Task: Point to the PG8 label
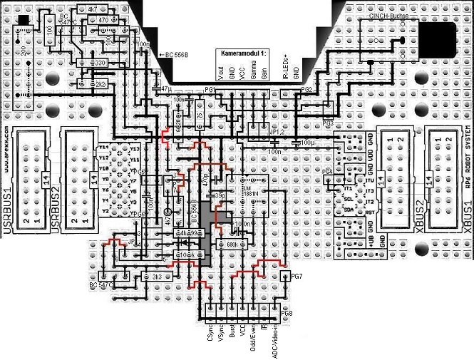(x=287, y=314)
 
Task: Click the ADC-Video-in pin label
(x=276, y=339)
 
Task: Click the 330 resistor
(x=101, y=63)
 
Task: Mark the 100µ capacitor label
(x=306, y=143)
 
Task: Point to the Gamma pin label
(x=252, y=73)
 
